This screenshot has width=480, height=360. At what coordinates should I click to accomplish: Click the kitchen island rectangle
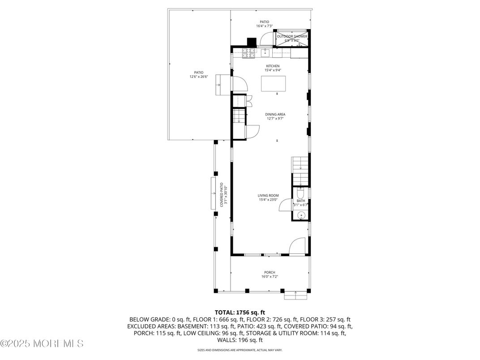click(274, 84)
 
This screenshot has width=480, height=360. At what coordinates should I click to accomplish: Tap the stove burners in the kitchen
click(249, 54)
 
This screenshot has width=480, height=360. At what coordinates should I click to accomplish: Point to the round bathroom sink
click(301, 215)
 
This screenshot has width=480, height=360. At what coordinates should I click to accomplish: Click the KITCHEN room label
click(273, 66)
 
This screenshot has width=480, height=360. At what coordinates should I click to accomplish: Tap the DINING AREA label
click(275, 114)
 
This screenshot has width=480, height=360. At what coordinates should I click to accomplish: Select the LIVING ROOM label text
click(268, 195)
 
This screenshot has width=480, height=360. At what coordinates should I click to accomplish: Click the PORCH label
click(270, 272)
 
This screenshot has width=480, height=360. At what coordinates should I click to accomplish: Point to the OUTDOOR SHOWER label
click(292, 36)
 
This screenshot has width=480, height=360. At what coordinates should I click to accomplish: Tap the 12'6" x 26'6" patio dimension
click(199, 77)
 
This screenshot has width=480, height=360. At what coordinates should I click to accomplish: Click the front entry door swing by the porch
click(297, 247)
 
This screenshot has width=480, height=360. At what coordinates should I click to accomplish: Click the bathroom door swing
click(285, 205)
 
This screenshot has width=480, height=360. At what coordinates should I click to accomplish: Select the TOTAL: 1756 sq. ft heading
click(240, 312)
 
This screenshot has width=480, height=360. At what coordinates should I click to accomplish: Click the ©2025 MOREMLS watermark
click(42, 344)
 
